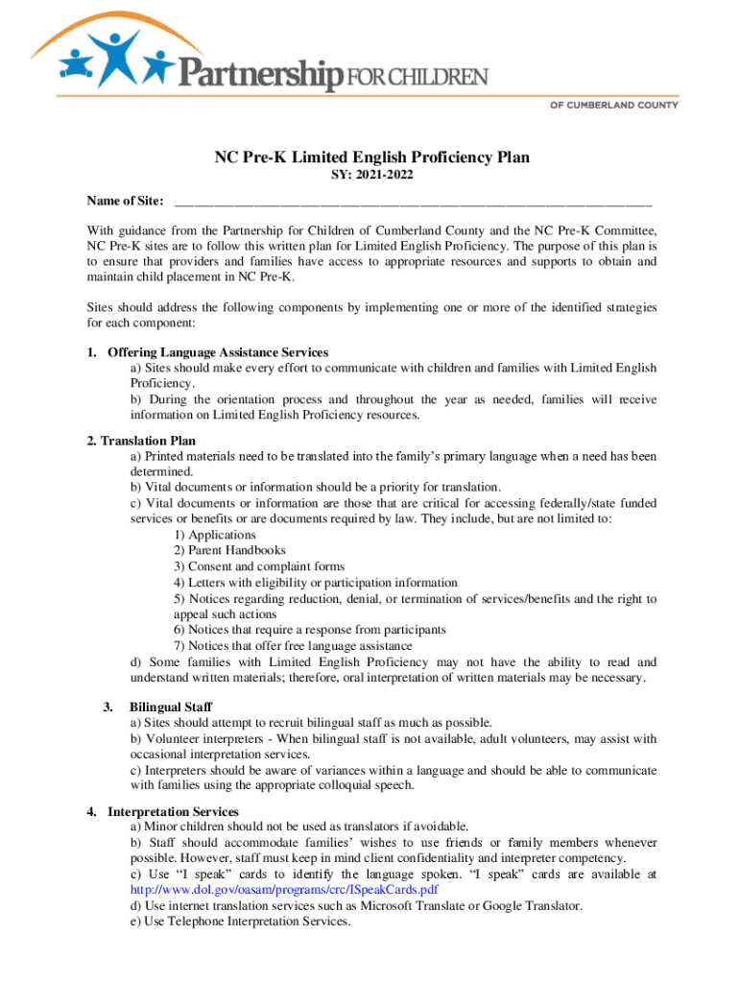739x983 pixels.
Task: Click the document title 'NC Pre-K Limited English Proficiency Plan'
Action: point(371,158)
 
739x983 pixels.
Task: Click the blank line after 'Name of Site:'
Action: point(413,203)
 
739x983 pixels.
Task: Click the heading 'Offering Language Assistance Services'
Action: point(218,352)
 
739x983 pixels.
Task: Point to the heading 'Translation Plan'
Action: point(148,441)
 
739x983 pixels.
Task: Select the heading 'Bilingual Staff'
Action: point(170,707)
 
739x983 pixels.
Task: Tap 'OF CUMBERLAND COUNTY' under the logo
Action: point(613,105)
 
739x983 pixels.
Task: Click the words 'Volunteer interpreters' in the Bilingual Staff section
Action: point(203,739)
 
